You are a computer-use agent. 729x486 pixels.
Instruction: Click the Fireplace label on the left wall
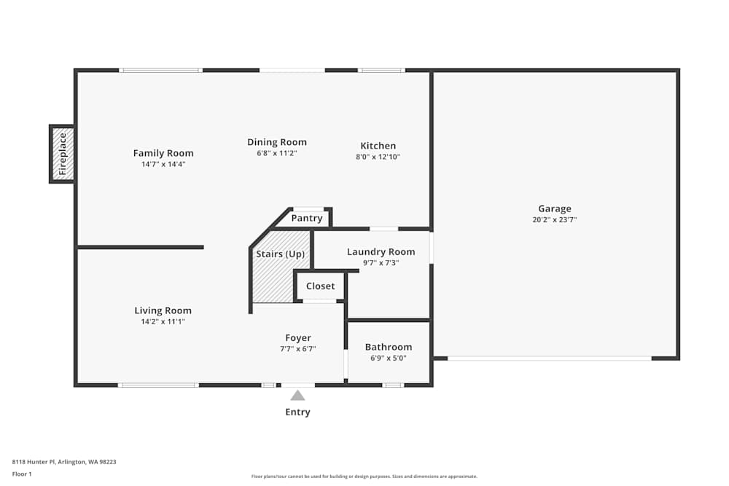pos(63,154)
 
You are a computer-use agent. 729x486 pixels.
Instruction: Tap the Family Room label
pos(163,153)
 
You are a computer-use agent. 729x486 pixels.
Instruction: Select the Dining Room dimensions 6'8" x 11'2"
pos(277,154)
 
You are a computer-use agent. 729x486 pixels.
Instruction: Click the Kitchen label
pos(378,146)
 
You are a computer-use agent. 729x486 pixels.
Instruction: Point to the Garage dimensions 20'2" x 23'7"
pos(555,219)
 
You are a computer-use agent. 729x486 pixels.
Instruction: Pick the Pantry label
pos(307,218)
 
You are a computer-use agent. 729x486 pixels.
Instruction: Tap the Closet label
pos(320,286)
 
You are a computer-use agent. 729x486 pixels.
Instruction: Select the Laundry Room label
pos(381,252)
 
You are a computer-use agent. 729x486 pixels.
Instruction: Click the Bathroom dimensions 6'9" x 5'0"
pos(389,358)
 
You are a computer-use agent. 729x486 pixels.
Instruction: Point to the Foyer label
pos(298,338)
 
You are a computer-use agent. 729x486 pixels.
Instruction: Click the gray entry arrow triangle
pos(297,396)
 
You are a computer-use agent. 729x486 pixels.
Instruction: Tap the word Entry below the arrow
pos(297,412)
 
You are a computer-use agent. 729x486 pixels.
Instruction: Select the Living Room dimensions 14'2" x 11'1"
pos(163,321)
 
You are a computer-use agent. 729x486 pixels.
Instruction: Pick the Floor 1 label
pos(22,474)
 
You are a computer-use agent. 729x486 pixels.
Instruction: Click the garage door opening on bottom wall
pos(550,358)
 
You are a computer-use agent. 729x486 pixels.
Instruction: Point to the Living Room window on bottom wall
pos(158,385)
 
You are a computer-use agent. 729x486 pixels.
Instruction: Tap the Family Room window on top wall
pos(161,70)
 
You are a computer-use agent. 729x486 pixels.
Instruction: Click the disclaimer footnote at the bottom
pos(364,477)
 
